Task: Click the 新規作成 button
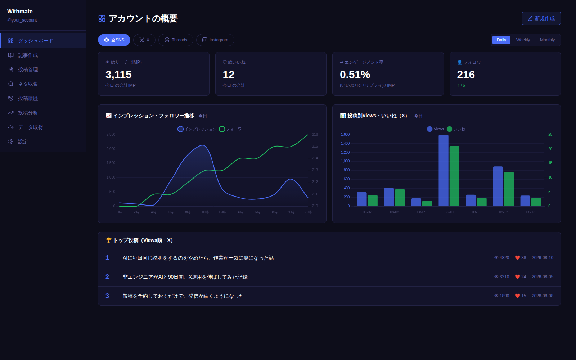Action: [x=541, y=18]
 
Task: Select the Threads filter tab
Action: [x=176, y=40]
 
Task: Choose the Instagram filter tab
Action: [x=215, y=40]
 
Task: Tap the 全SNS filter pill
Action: [x=114, y=40]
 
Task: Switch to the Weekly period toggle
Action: [x=523, y=40]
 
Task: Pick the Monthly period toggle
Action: [x=547, y=40]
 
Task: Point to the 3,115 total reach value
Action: [x=118, y=75]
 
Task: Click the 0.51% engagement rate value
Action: [x=355, y=75]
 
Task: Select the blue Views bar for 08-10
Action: [x=443, y=170]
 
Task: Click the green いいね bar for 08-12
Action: [x=509, y=189]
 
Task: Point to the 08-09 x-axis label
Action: [x=422, y=212]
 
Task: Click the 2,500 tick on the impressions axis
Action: [x=111, y=135]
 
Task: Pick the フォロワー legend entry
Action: [x=233, y=129]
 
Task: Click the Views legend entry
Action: [x=435, y=129]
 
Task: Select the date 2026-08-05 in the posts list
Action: [x=543, y=277]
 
